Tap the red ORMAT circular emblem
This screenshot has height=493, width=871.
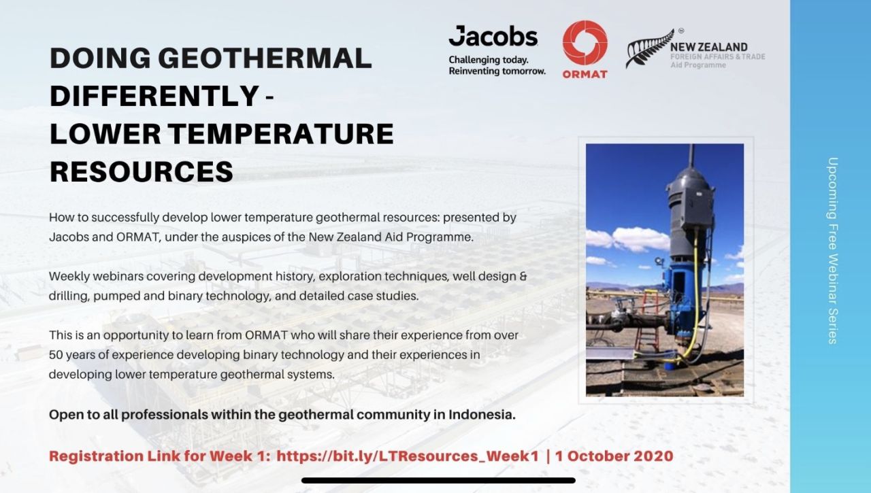point(585,43)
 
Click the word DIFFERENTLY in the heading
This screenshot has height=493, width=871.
point(152,97)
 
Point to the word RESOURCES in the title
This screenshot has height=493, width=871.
point(141,172)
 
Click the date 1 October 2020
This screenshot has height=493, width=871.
point(614,456)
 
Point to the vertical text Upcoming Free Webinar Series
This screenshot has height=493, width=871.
point(832,250)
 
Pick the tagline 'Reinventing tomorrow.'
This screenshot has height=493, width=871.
point(497,71)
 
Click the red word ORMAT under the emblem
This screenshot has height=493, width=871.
point(585,74)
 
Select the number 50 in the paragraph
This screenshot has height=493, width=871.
point(57,355)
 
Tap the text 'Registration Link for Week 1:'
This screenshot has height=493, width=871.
point(159,456)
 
